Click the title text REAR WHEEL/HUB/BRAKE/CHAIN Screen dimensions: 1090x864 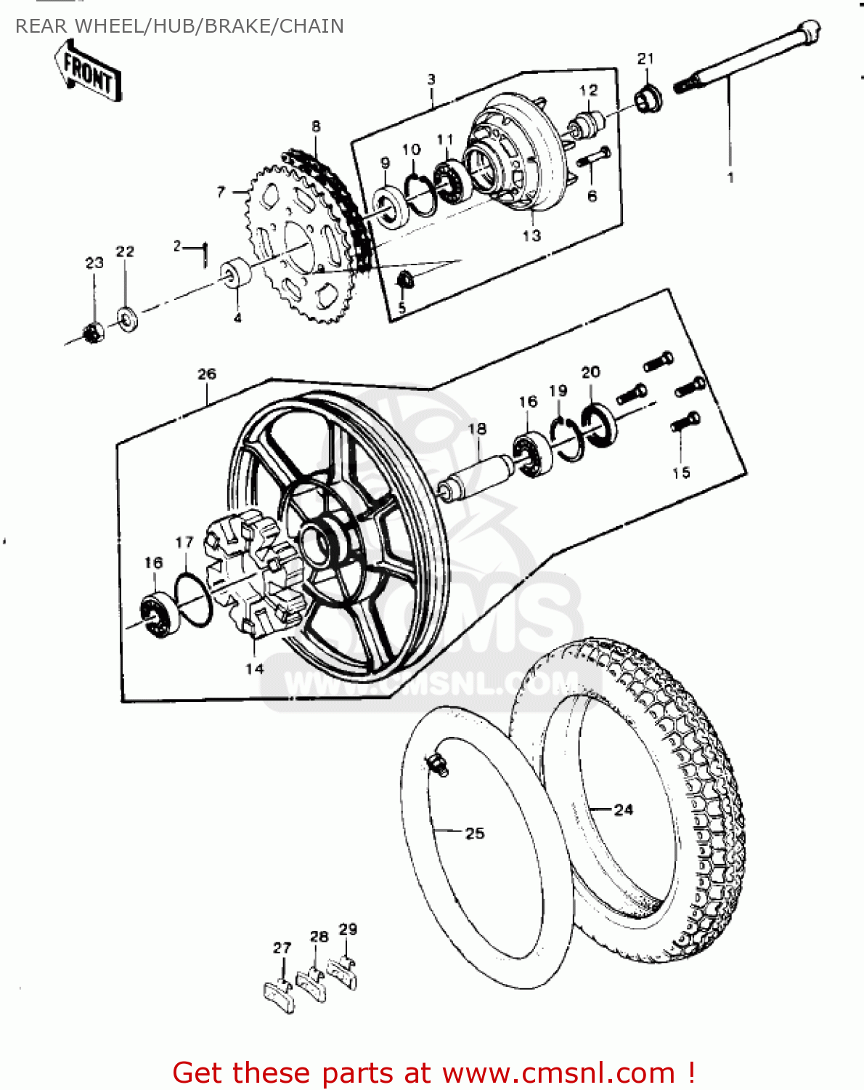click(x=179, y=26)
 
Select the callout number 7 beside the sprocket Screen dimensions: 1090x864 click(x=221, y=192)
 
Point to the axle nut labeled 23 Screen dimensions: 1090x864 click(x=93, y=333)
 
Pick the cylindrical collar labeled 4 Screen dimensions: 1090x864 click(x=236, y=275)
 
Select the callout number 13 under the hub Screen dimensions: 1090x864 click(x=531, y=235)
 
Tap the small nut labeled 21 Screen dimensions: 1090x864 click(x=648, y=98)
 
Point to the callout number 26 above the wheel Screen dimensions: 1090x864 click(x=207, y=374)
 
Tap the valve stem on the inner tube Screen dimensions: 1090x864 click(x=437, y=764)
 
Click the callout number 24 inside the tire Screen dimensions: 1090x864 click(x=624, y=810)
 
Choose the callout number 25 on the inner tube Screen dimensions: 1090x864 click(x=475, y=833)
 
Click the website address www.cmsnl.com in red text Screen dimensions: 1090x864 click(x=559, y=1073)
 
